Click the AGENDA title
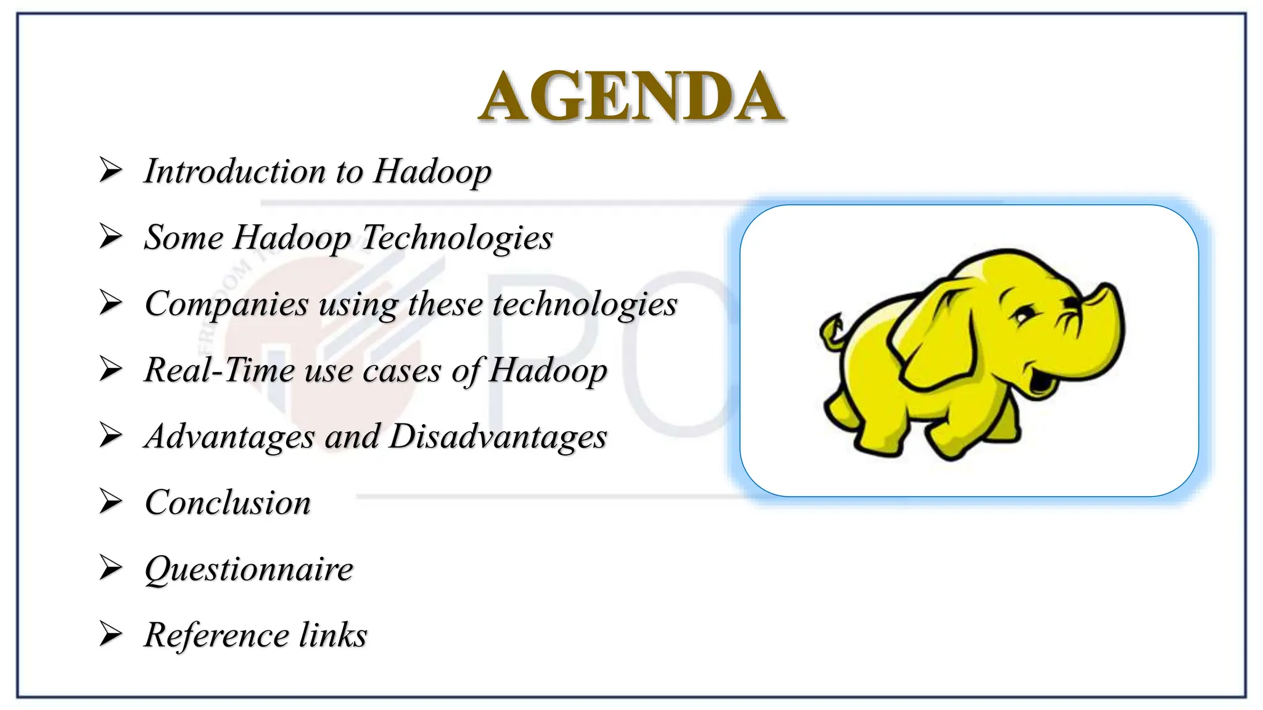click(x=631, y=97)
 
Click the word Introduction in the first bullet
click(x=235, y=171)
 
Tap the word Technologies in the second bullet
click(x=457, y=237)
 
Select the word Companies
click(x=226, y=304)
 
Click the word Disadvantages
click(x=498, y=436)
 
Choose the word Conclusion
click(x=228, y=502)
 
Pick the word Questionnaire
click(x=249, y=569)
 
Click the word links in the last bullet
click(x=333, y=635)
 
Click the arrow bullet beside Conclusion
click(x=111, y=502)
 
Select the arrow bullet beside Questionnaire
click(x=111, y=568)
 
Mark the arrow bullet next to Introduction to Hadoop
click(x=111, y=170)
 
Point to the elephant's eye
click(x=1024, y=316)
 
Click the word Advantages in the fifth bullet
click(x=229, y=436)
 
